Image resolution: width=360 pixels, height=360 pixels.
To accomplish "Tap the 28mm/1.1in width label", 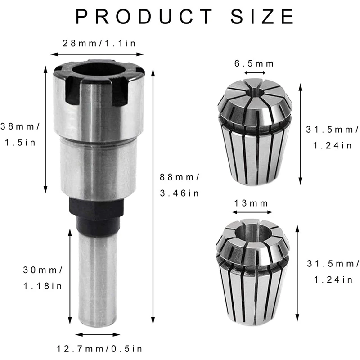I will (99, 44).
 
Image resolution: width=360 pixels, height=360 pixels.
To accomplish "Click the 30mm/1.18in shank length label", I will (43, 278).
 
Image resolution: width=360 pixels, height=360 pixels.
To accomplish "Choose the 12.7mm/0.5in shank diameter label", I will (99, 348).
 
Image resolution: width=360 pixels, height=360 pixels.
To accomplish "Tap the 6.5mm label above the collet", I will (254, 63).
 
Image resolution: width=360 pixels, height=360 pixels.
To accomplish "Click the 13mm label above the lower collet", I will (251, 203).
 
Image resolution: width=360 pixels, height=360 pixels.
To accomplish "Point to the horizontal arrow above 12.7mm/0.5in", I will (98, 335).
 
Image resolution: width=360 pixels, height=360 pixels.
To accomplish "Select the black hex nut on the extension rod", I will (97, 213).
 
